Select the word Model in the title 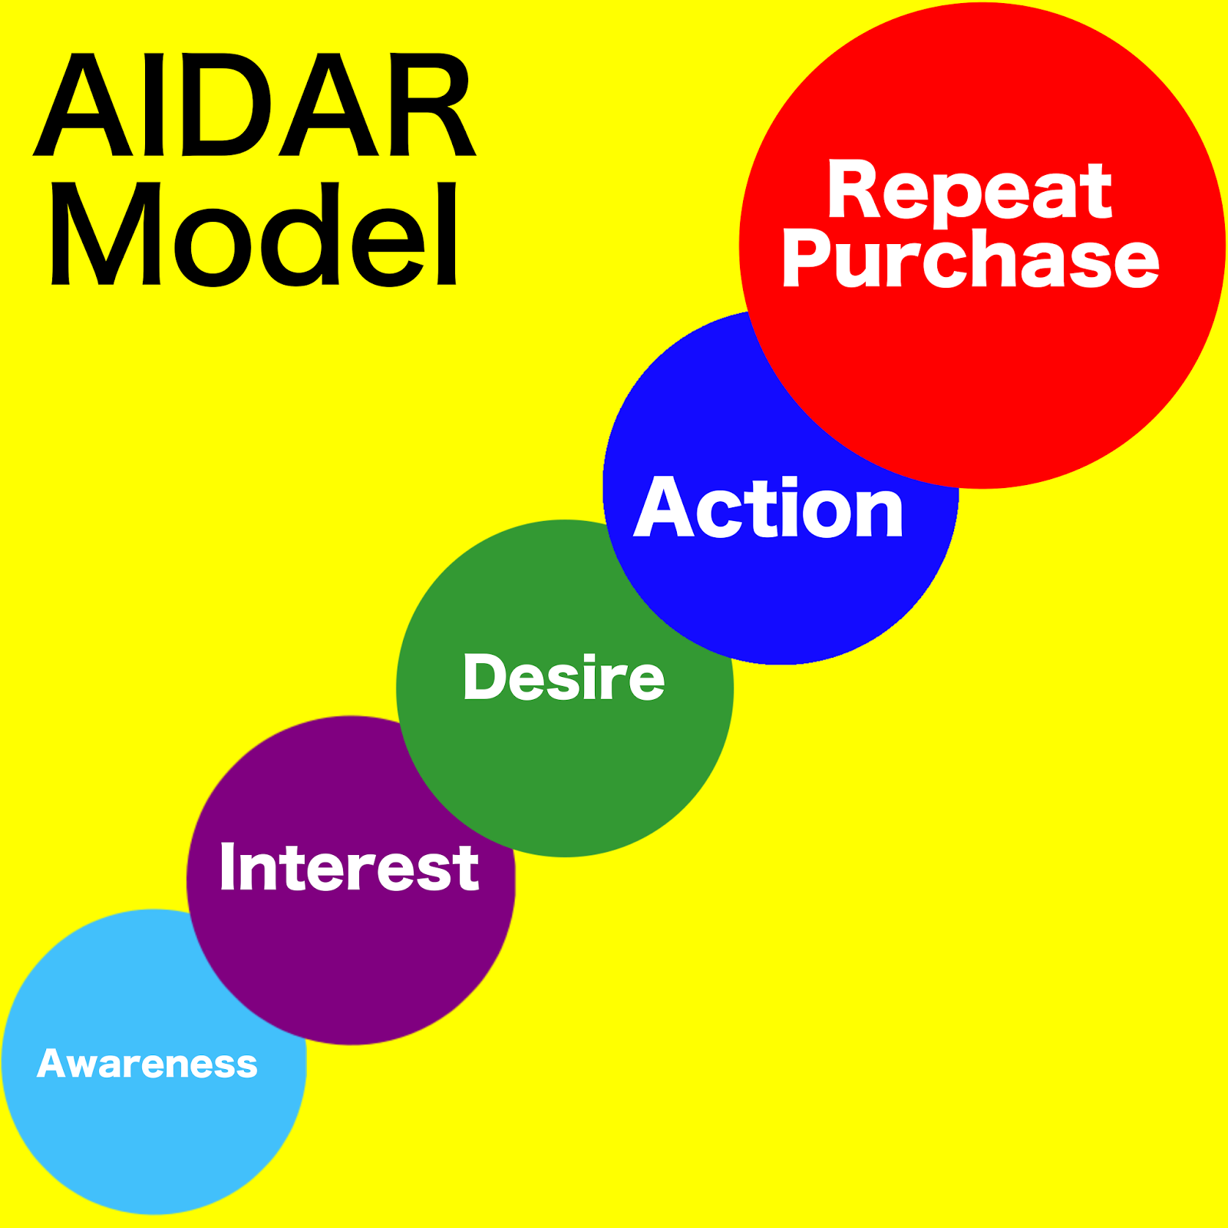tap(254, 234)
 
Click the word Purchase tap(970, 261)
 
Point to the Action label tap(769, 507)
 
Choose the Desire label tap(564, 678)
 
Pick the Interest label tap(349, 867)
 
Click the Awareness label tap(147, 1064)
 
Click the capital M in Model tap(106, 234)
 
